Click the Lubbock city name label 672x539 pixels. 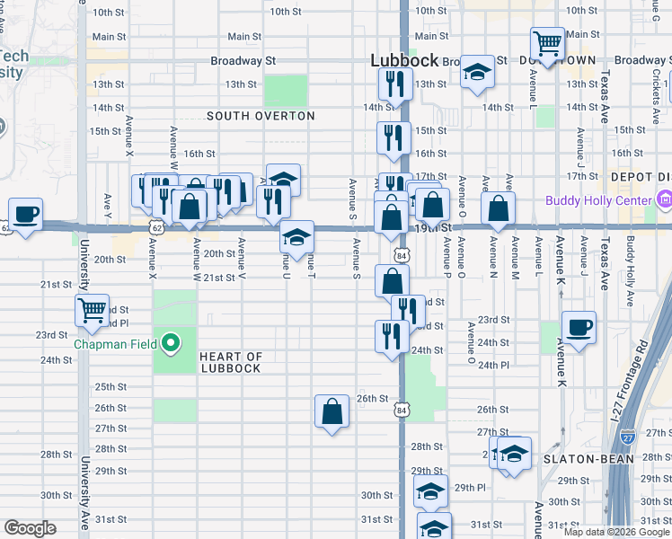click(405, 61)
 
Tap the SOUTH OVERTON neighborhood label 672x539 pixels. click(261, 116)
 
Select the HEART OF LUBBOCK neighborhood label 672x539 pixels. click(231, 362)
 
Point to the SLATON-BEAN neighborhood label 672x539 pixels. click(583, 458)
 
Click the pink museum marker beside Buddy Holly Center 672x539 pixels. click(664, 198)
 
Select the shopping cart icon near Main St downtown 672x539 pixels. click(546, 42)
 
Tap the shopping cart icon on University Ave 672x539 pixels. click(93, 310)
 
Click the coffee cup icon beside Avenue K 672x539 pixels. click(579, 327)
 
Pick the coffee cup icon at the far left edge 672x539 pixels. click(25, 214)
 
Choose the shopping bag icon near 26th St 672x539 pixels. click(332, 411)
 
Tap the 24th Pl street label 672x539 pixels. click(493, 366)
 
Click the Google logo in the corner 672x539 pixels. click(30, 528)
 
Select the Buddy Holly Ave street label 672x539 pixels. click(630, 261)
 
